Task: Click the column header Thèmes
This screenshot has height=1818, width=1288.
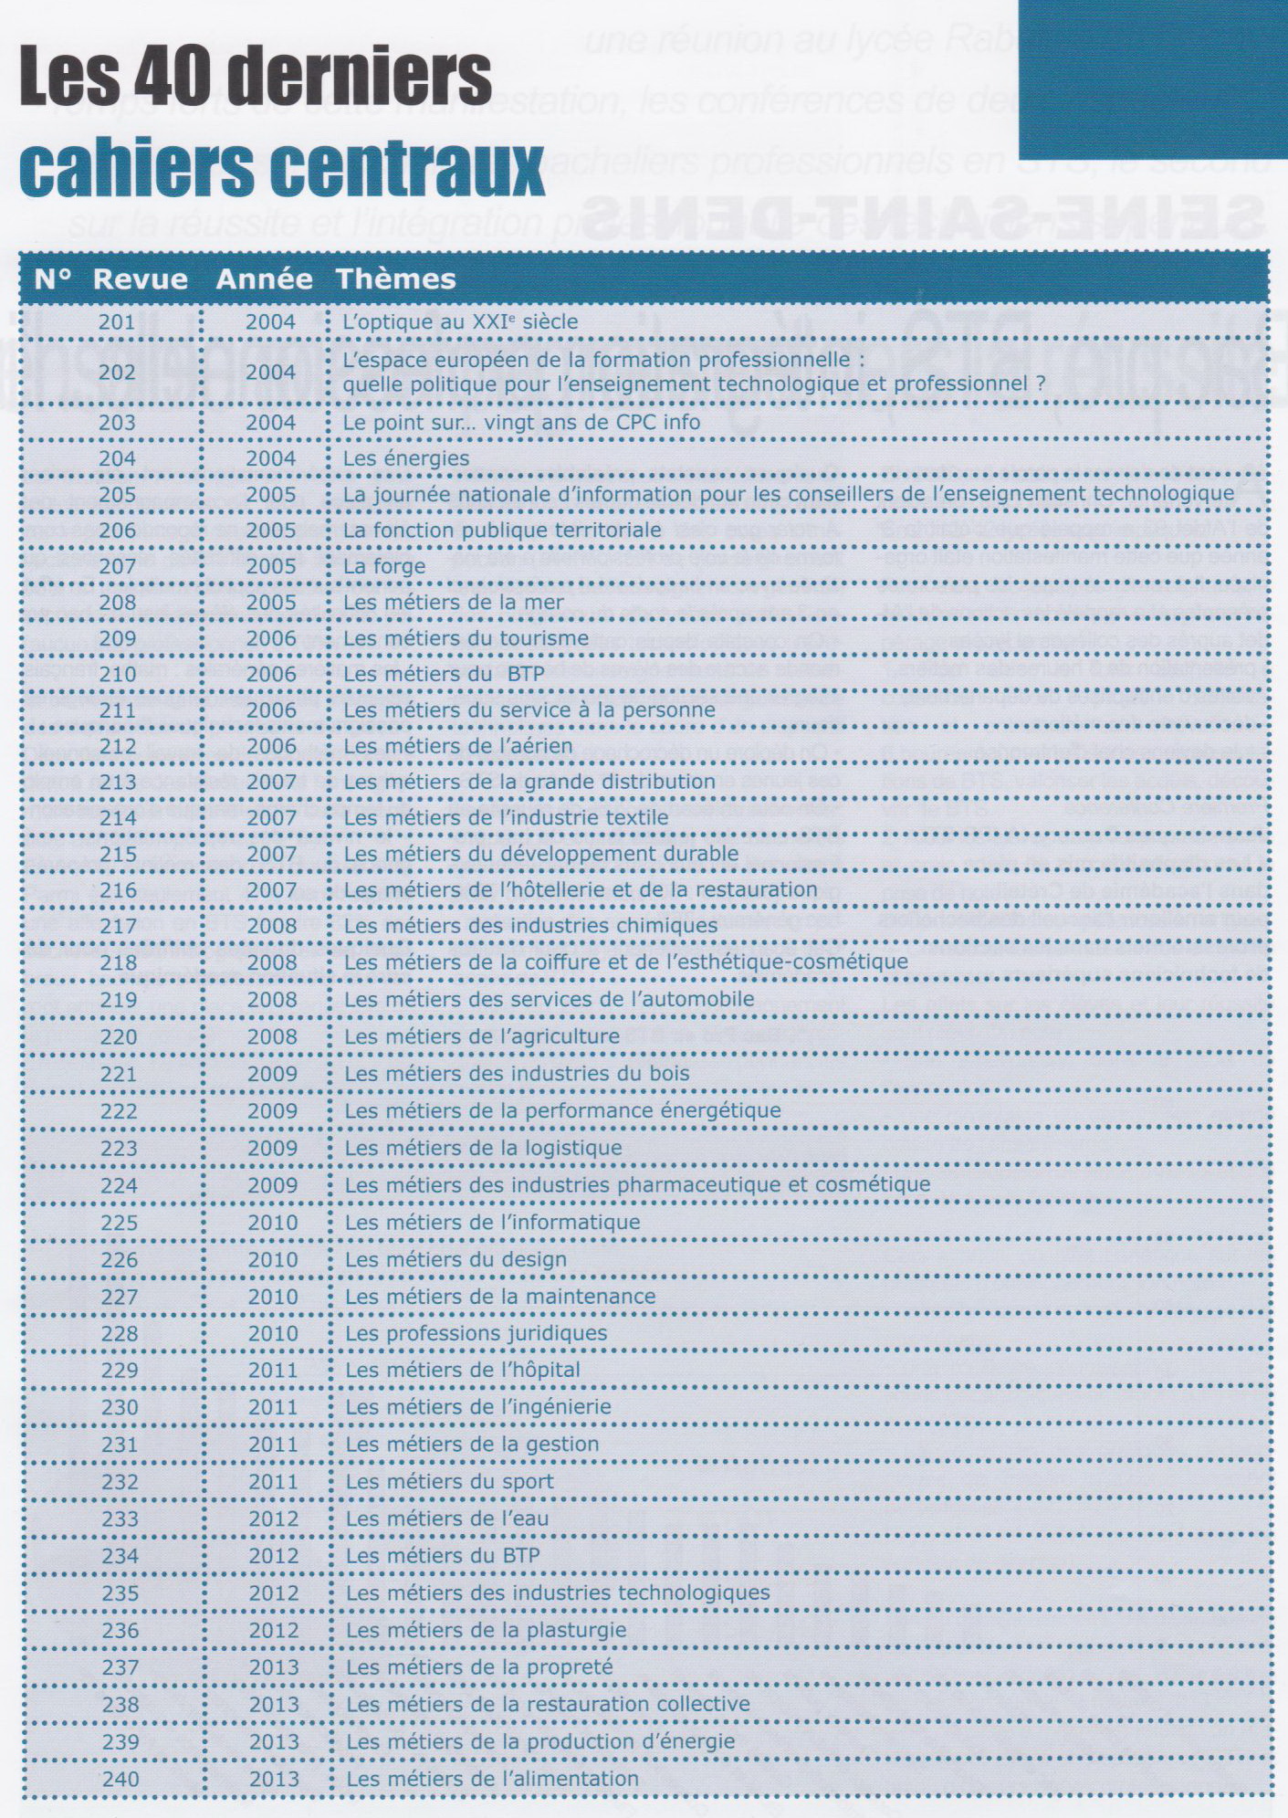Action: point(395,278)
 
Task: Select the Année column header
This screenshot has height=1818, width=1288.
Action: point(264,278)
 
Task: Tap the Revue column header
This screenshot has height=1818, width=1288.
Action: point(141,278)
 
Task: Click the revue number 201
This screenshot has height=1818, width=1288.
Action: point(117,321)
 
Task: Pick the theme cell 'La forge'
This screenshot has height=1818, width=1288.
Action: point(384,566)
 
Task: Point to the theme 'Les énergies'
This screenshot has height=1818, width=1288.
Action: point(406,458)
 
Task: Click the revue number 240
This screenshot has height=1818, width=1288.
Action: point(120,1779)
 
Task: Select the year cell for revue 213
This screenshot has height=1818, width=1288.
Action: point(271,782)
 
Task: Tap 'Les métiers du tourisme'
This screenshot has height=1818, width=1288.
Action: point(466,638)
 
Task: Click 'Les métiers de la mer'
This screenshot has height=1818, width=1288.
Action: point(454,602)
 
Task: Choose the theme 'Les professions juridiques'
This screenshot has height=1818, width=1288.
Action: point(476,1333)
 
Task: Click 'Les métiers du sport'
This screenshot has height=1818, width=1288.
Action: point(449,1481)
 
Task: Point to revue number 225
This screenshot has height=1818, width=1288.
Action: point(119,1223)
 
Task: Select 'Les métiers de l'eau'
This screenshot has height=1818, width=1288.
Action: point(447,1519)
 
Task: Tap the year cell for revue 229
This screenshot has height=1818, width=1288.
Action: point(273,1370)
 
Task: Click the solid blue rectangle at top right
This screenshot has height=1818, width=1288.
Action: point(1152,79)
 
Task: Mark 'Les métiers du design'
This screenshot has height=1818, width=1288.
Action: point(456,1259)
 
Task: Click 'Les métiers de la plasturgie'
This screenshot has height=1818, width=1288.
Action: point(486,1630)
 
